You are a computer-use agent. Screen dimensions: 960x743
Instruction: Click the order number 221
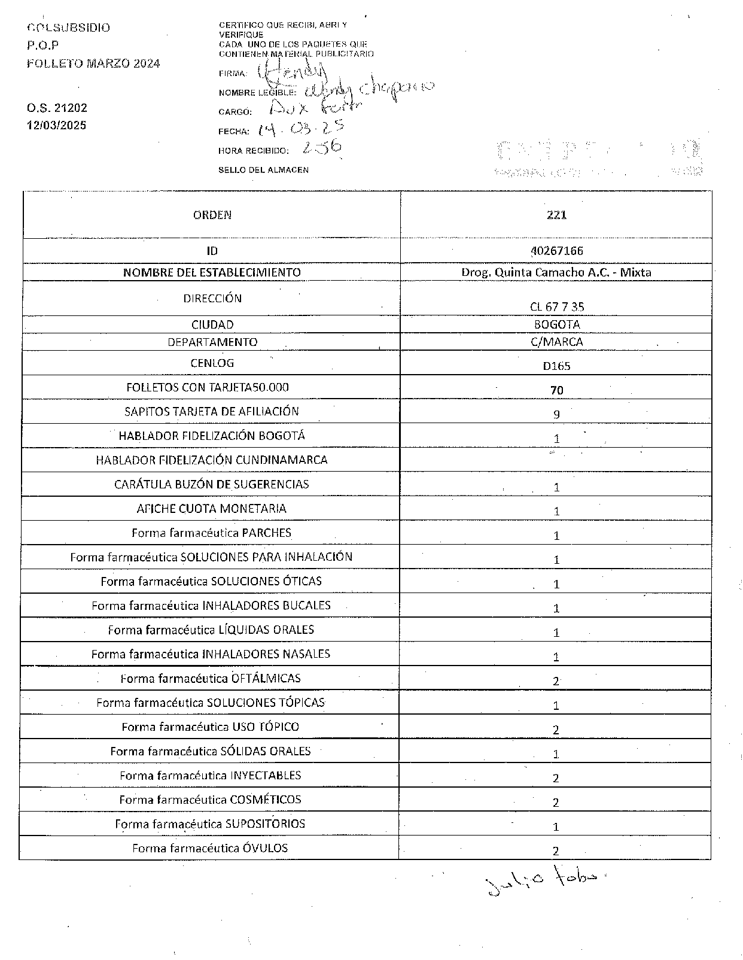pyautogui.click(x=556, y=215)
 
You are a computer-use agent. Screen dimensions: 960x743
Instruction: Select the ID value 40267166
pyautogui.click(x=556, y=251)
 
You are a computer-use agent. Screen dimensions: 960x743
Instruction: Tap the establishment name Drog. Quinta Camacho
pyautogui.click(x=556, y=272)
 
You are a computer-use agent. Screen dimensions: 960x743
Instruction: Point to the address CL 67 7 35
pyautogui.click(x=557, y=306)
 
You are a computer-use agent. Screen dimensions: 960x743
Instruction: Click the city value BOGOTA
pyautogui.click(x=557, y=324)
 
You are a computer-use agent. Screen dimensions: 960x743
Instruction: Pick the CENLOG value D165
pyautogui.click(x=556, y=366)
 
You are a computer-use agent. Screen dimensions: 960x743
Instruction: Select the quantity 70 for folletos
pyautogui.click(x=556, y=390)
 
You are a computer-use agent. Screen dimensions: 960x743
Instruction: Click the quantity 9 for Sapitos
pyautogui.click(x=556, y=414)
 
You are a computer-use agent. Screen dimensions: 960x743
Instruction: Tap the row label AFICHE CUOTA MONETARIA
pyautogui.click(x=211, y=509)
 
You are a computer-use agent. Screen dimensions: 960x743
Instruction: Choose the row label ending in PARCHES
pyautogui.click(x=211, y=533)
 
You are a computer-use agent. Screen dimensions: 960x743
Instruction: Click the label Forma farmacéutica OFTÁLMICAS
pyautogui.click(x=211, y=678)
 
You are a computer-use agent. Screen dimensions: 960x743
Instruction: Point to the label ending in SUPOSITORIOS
pyautogui.click(x=210, y=824)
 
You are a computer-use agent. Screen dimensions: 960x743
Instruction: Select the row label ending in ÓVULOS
pyautogui.click(x=210, y=848)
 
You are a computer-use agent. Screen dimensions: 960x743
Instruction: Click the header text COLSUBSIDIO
pyautogui.click(x=69, y=28)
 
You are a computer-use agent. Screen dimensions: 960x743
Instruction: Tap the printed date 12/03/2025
pyautogui.click(x=56, y=126)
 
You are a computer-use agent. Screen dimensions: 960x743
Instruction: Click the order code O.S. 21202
pyautogui.click(x=57, y=108)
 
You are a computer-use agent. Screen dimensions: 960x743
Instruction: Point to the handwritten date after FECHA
pyautogui.click(x=300, y=129)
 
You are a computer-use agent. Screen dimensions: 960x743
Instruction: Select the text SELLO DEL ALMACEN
pyautogui.click(x=263, y=170)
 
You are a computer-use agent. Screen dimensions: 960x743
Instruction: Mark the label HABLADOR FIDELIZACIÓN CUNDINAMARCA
pyautogui.click(x=211, y=460)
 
